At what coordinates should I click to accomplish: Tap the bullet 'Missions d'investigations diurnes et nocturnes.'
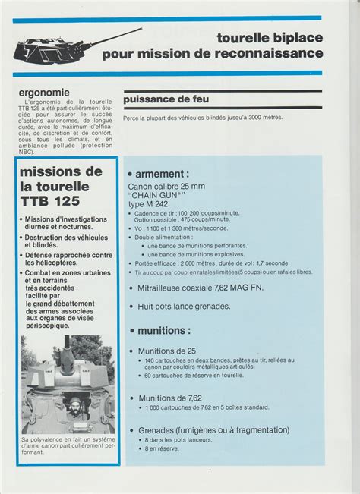(69, 223)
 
